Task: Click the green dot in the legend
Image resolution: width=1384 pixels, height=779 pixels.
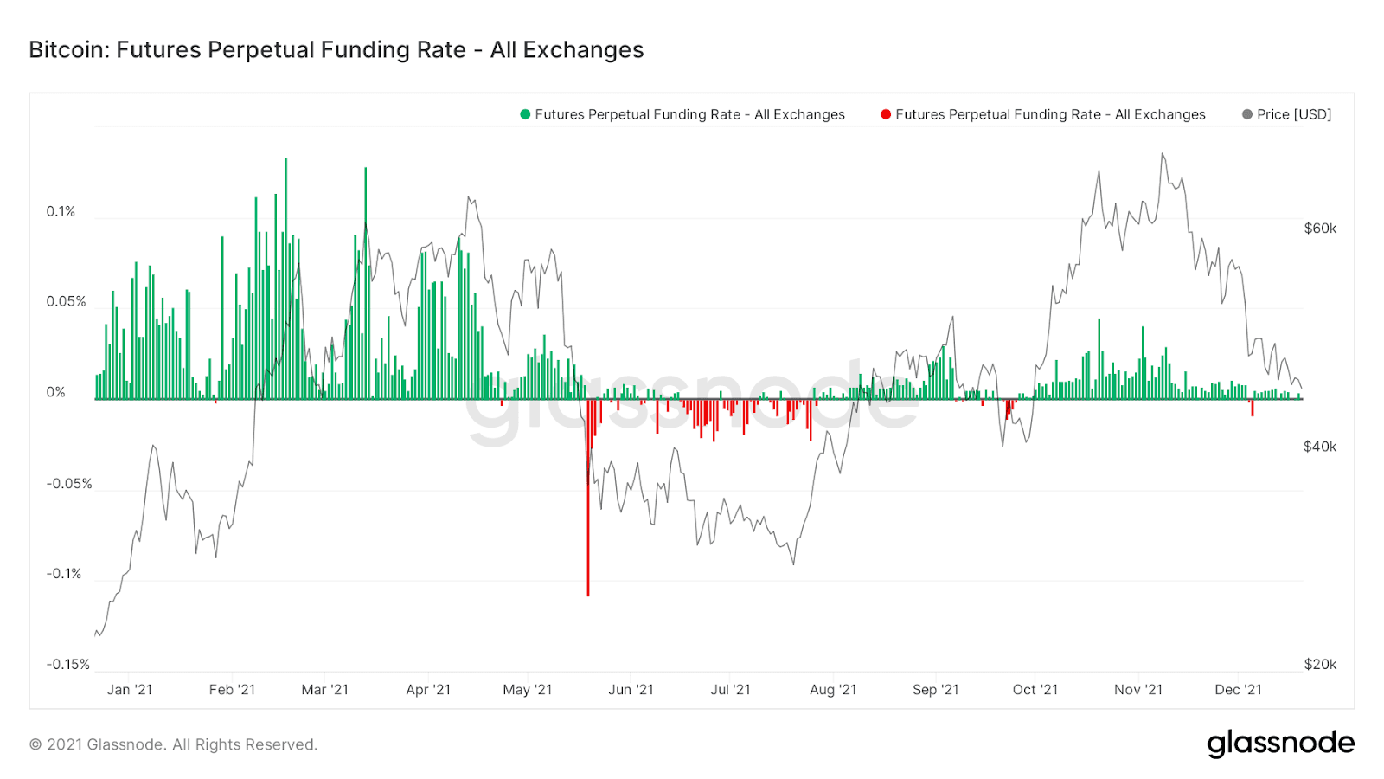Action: point(525,114)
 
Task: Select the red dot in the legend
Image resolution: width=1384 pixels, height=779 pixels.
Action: point(886,114)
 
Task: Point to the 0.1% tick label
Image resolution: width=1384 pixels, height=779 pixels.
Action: point(61,211)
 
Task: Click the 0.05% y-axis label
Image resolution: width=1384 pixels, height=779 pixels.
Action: point(66,301)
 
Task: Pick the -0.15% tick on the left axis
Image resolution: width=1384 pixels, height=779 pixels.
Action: point(67,664)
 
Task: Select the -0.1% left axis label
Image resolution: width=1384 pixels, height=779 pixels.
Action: point(64,573)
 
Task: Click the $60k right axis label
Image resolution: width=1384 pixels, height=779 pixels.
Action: point(1320,229)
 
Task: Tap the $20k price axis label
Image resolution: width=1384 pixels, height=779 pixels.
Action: point(1320,664)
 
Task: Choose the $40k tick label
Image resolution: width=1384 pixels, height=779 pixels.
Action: point(1320,447)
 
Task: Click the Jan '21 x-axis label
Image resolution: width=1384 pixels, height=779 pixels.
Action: point(130,690)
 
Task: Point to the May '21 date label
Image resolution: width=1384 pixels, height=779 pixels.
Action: point(527,690)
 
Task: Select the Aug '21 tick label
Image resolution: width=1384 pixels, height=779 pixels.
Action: point(833,690)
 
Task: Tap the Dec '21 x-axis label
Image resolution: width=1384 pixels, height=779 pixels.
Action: point(1238,690)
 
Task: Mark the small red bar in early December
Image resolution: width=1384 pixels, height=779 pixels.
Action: point(1252,408)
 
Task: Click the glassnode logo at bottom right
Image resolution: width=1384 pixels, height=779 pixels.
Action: point(1280,744)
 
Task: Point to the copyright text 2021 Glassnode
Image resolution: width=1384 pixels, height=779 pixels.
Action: point(173,744)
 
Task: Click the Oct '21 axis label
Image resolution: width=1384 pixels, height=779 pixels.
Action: point(1035,690)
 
